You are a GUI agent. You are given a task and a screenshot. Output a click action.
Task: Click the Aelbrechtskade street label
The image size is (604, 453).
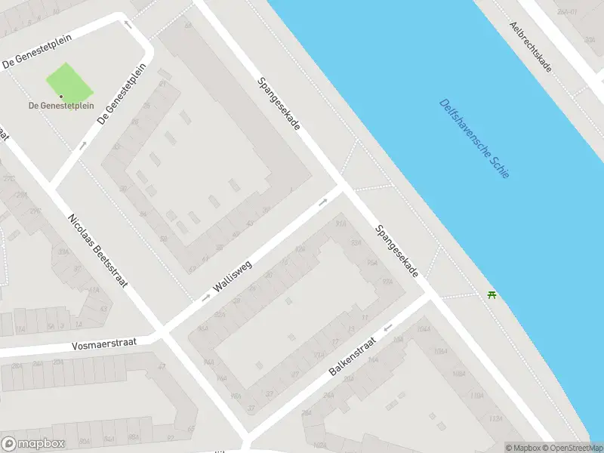[531, 47]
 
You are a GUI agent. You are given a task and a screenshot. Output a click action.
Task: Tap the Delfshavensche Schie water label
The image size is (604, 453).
[473, 139]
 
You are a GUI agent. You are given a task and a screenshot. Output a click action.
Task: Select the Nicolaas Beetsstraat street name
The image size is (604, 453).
[97, 250]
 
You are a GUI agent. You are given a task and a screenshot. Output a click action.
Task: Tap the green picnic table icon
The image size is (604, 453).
[492, 294]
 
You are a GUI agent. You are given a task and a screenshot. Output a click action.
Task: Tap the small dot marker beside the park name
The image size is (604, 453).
[62, 96]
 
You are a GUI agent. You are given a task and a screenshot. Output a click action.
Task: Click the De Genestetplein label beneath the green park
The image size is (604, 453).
[61, 106]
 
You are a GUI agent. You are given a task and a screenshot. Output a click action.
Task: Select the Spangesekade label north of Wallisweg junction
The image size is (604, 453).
[279, 103]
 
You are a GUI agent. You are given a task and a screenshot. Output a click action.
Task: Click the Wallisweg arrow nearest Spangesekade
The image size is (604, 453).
[322, 202]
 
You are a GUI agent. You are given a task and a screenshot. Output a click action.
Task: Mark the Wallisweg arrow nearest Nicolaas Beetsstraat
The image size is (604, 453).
[206, 297]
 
